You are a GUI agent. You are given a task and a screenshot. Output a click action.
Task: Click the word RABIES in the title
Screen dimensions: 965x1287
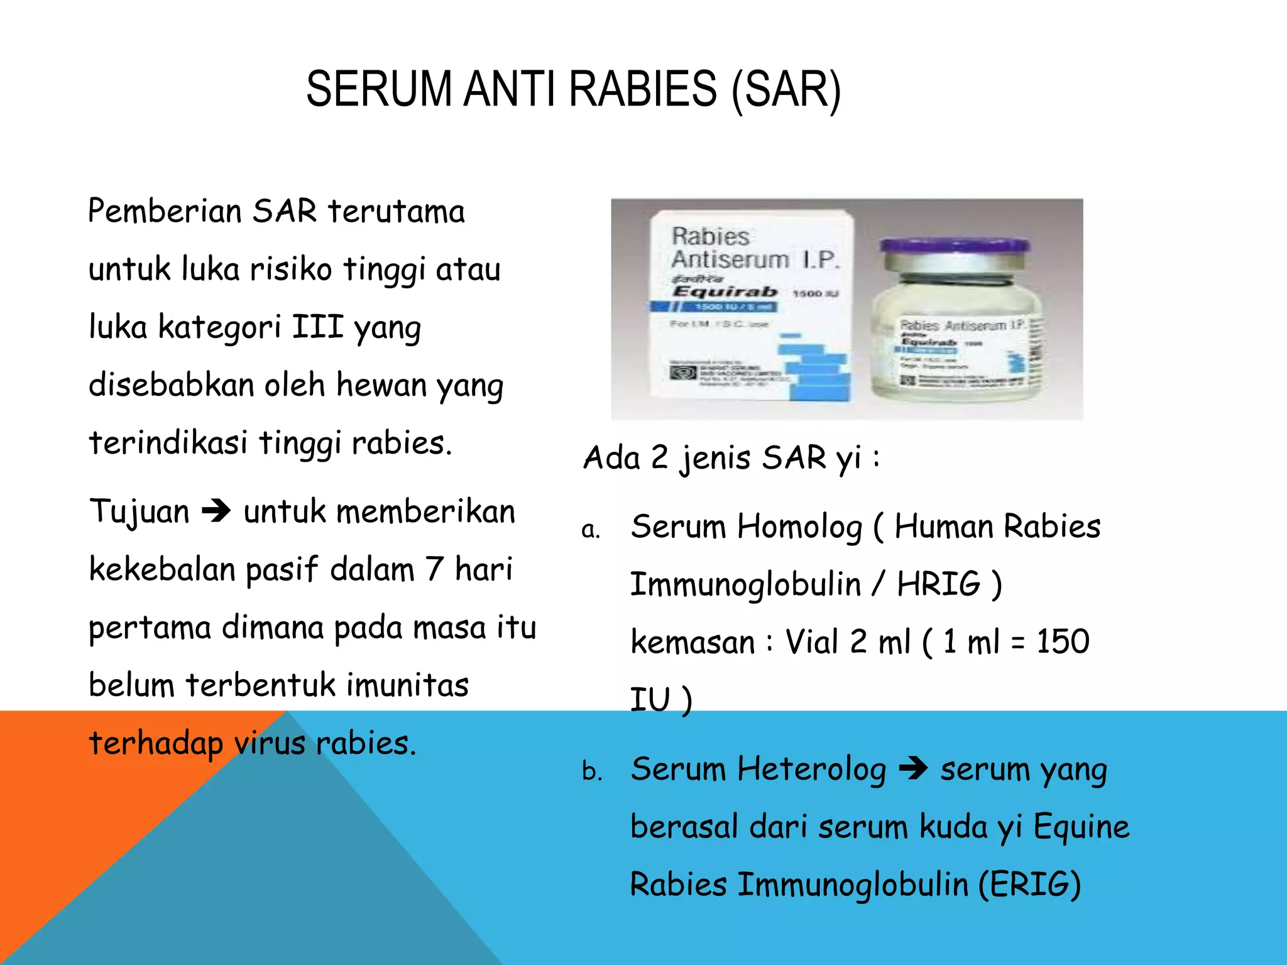tap(642, 90)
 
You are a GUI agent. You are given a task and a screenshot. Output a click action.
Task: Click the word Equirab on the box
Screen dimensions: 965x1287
tap(725, 292)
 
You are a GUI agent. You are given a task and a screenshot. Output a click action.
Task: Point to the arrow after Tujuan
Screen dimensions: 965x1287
tap(216, 511)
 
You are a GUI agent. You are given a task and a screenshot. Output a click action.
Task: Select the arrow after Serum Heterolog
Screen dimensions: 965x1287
tap(913, 768)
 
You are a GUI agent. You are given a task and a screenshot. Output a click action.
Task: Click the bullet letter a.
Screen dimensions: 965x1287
tap(590, 530)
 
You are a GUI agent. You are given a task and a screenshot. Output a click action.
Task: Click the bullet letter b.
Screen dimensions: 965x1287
tap(591, 771)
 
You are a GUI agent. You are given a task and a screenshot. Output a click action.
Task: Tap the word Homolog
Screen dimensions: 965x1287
tap(799, 526)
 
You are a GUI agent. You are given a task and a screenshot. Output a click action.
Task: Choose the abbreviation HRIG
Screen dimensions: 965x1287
tap(938, 584)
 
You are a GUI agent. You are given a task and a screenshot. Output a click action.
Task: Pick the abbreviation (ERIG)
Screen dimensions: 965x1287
tap(1029, 884)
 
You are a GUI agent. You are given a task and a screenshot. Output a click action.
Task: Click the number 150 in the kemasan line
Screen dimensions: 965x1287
tap(1063, 641)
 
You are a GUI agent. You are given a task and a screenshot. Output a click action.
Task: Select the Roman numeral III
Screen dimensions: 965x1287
tap(317, 327)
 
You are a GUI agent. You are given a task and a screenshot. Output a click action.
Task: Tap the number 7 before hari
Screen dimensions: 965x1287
tap(434, 569)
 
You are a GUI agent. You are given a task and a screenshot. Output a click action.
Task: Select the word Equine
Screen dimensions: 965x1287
tap(1081, 827)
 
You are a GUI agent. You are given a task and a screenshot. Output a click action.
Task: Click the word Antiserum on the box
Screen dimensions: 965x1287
tap(730, 259)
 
